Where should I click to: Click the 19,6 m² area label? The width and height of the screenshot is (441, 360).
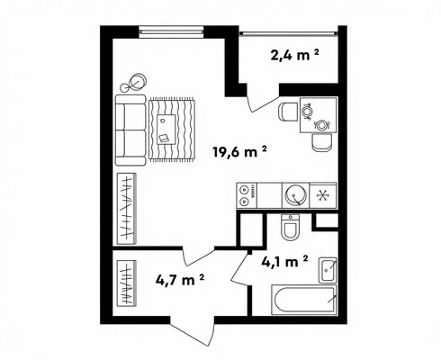(239, 151)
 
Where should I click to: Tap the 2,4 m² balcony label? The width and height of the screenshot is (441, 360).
(294, 55)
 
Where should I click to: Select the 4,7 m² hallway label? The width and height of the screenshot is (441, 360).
(180, 280)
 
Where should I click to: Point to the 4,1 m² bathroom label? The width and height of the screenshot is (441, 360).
(284, 262)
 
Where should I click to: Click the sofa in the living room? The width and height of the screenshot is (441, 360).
(130, 130)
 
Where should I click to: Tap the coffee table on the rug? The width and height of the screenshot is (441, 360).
(166, 130)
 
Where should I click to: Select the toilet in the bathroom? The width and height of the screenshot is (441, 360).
(290, 227)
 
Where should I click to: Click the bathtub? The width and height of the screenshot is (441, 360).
(304, 301)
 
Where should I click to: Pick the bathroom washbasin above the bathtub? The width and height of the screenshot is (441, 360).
(328, 270)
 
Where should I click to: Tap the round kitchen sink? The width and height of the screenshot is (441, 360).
(295, 195)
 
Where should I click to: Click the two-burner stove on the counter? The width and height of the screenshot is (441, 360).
(247, 195)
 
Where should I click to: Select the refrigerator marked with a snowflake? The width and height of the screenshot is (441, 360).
(323, 195)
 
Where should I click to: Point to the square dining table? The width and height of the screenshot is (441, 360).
(319, 115)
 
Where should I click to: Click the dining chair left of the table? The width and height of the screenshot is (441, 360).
(288, 112)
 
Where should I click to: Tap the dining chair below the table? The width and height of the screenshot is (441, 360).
(321, 142)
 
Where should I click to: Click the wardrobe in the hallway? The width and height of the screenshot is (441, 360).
(126, 283)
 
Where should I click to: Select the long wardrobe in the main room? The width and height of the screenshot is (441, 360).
(126, 209)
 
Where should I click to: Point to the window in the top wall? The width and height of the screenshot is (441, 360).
(171, 31)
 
